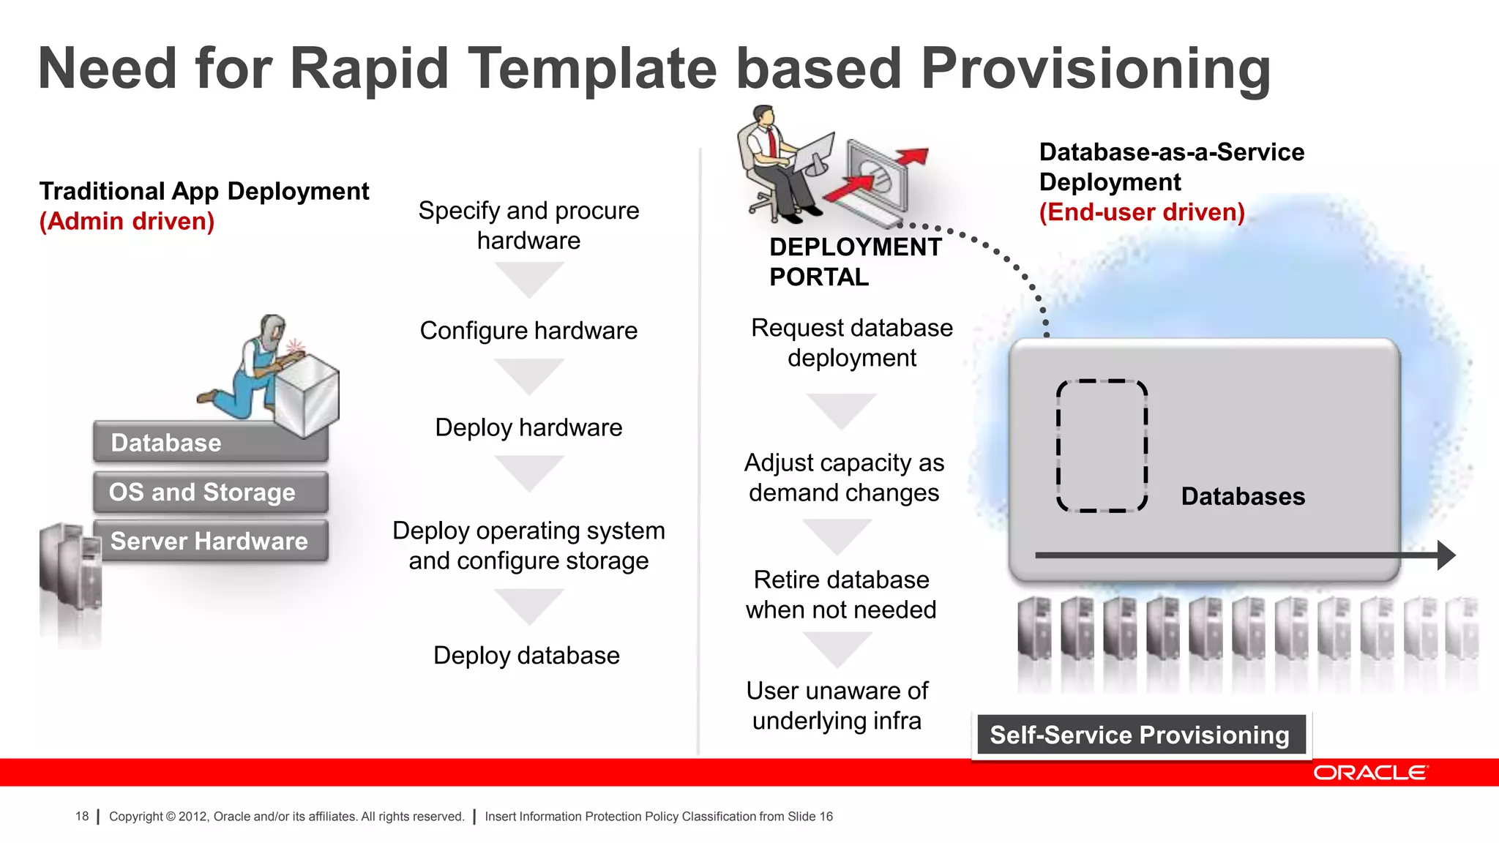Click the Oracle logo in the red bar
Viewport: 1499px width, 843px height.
[x=1369, y=773]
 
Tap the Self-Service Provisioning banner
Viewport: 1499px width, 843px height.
[x=1140, y=735]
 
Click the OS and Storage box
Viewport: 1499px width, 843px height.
[x=210, y=492]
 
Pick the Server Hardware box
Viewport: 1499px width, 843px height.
[x=210, y=541]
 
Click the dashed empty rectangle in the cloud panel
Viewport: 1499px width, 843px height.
[x=1102, y=446]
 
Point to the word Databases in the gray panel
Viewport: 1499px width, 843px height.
[x=1242, y=496]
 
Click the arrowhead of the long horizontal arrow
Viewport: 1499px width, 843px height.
[x=1446, y=555]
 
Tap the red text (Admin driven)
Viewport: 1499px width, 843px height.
[x=127, y=221]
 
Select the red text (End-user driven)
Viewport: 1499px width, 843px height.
[x=1141, y=212]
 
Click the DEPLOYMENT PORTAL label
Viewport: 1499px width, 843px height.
[x=854, y=262]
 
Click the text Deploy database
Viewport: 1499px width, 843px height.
[x=526, y=655]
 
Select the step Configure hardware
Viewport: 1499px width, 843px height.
[x=528, y=331]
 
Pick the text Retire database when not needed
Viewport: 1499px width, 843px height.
[x=841, y=594]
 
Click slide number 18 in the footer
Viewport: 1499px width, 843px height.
[x=82, y=816]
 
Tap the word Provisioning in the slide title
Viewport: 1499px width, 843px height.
[x=1095, y=69]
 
